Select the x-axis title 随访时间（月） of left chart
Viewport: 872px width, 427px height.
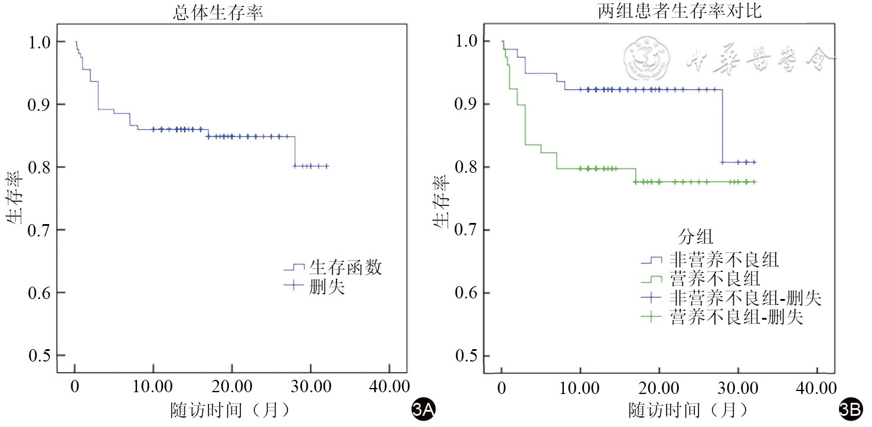coord(231,410)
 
